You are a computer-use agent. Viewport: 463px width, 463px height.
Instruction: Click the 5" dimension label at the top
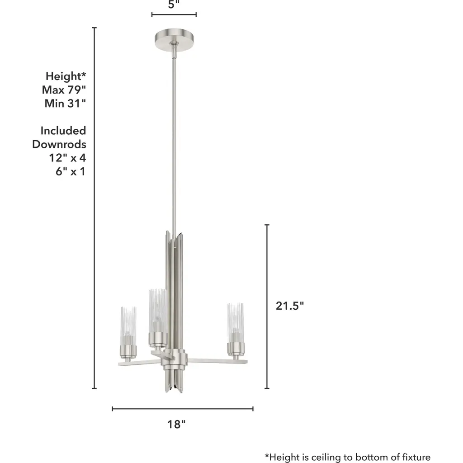[174, 4]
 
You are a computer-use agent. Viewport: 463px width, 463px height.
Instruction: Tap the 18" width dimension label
[176, 424]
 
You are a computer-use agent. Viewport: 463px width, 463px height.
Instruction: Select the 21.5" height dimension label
[290, 306]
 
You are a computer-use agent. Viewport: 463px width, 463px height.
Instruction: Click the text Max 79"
[64, 90]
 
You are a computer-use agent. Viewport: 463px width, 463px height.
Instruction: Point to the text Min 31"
[65, 104]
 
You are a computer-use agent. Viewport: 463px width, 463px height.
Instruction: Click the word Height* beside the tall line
[66, 76]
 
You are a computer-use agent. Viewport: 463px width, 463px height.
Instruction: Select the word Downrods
[59, 144]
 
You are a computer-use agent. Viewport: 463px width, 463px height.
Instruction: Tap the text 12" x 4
[67, 158]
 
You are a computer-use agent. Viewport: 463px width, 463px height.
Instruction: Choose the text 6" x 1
[71, 171]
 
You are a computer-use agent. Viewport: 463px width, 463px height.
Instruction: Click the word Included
[63, 131]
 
